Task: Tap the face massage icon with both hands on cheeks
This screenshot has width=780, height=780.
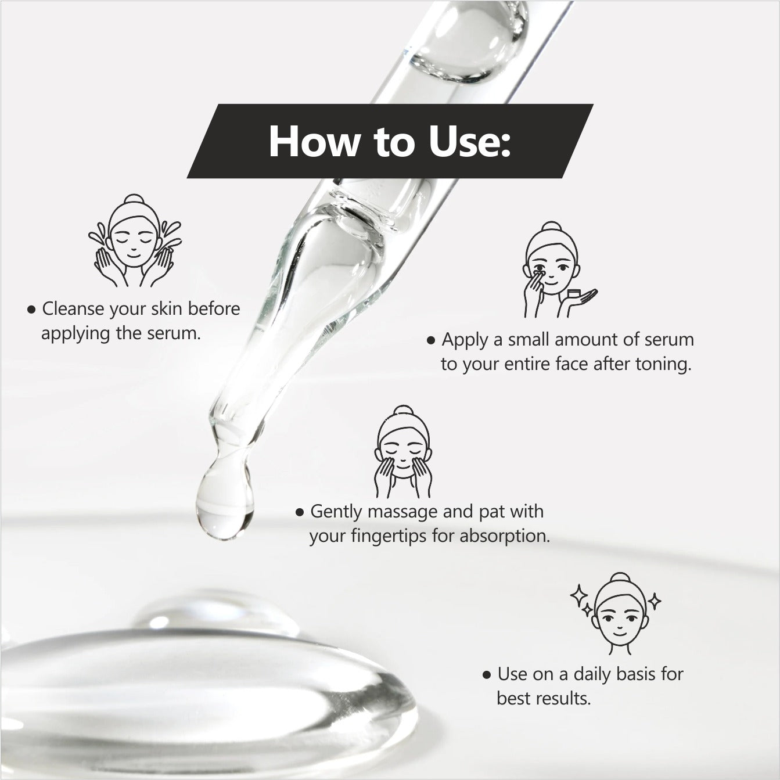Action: point(402,452)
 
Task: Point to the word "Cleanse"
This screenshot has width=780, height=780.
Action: point(73,308)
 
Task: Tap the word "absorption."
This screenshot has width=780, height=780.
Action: point(505,536)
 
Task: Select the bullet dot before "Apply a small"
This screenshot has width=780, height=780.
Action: point(431,340)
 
